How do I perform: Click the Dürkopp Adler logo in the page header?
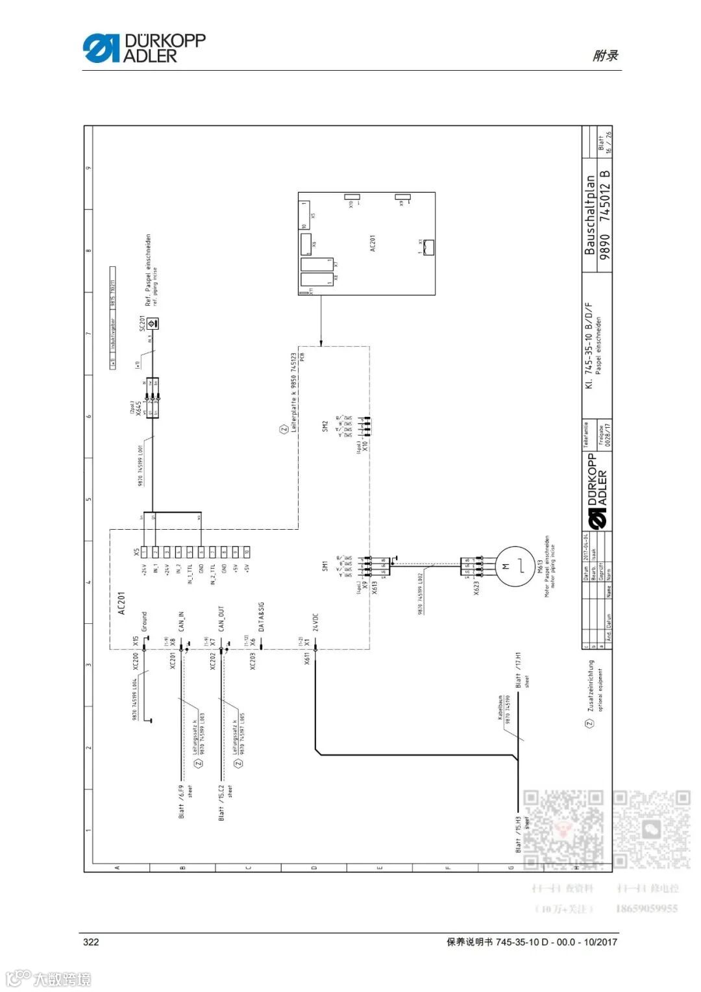144,48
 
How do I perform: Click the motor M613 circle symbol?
515,566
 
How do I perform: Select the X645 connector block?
153,397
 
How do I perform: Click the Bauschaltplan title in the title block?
589,214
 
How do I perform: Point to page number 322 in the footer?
91,941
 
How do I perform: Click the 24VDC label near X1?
315,622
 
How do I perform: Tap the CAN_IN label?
182,621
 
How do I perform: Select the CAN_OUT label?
221,619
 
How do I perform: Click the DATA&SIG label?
261,616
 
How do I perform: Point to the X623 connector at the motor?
472,567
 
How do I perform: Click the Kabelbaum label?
500,707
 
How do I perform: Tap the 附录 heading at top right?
605,56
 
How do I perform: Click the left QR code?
563,829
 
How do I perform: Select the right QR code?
651,829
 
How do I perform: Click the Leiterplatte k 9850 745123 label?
293,393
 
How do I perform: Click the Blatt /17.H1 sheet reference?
518,670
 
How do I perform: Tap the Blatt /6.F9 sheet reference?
181,802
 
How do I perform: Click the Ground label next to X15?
144,621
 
